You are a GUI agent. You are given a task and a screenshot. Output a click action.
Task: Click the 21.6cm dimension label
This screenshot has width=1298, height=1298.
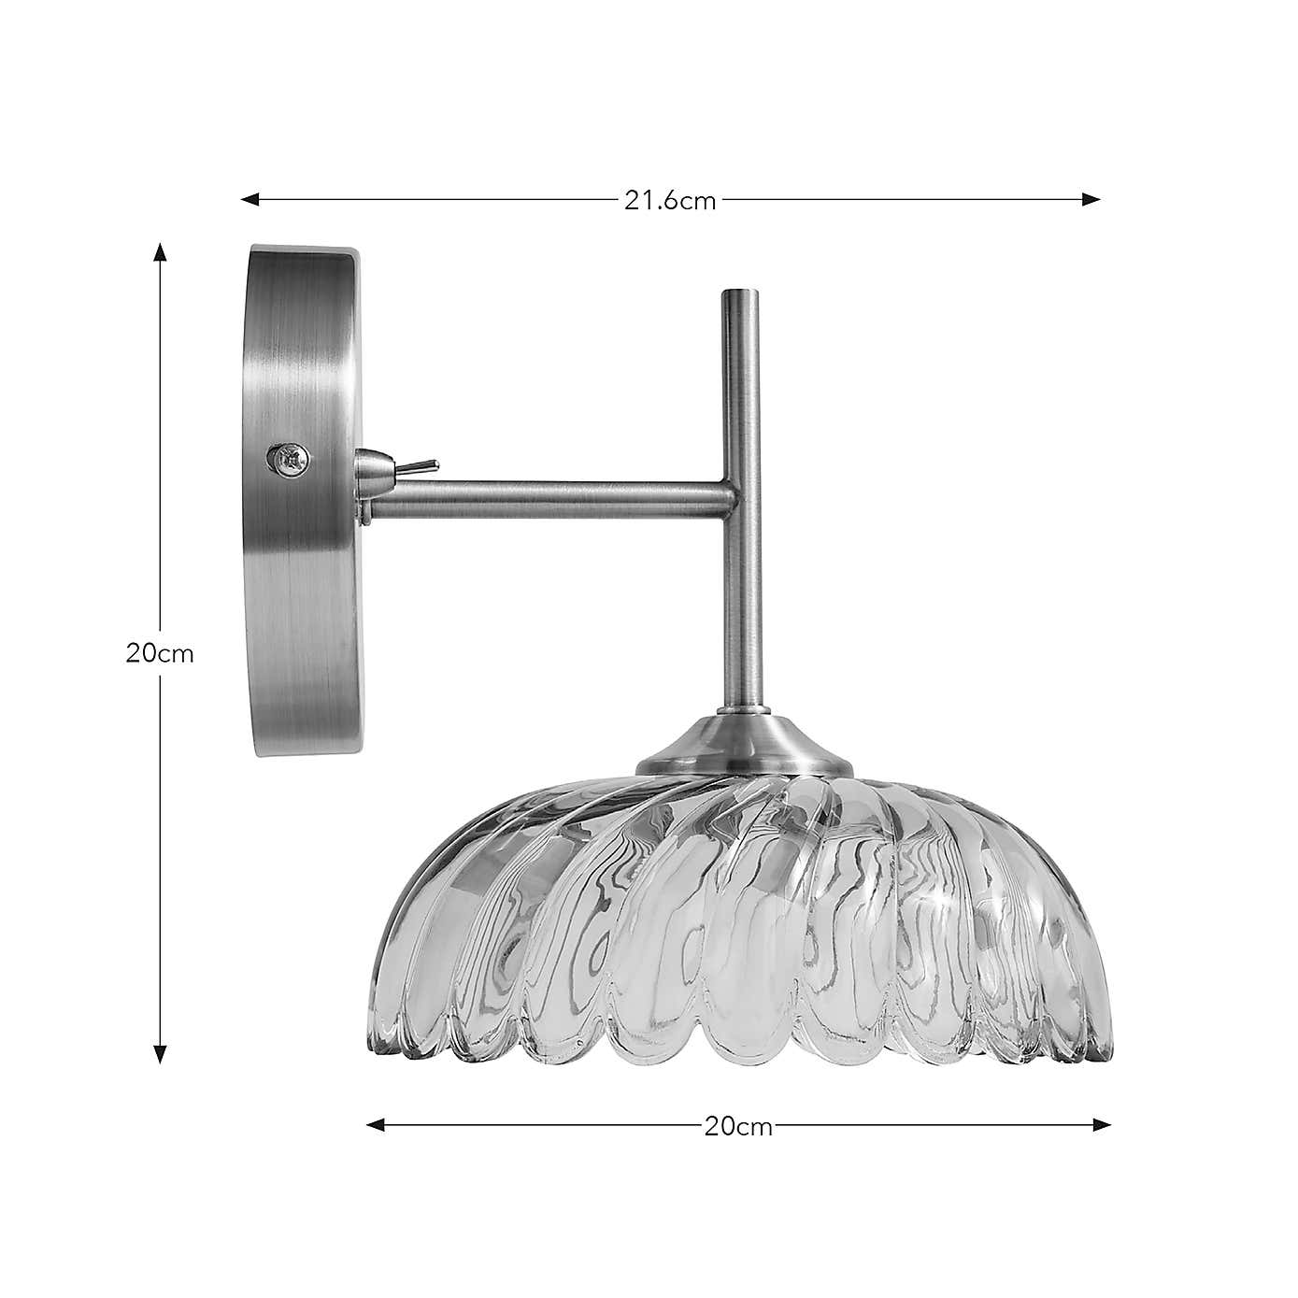(x=669, y=200)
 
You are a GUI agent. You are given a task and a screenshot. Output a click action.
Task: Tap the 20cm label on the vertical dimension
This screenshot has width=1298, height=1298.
(x=160, y=654)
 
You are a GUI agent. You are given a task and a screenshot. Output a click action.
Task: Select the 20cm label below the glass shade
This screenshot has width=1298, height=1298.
(x=738, y=1126)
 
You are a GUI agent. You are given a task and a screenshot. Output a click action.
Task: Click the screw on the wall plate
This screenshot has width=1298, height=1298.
(x=288, y=458)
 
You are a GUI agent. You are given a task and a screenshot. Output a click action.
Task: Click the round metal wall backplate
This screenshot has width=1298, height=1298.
(x=304, y=500)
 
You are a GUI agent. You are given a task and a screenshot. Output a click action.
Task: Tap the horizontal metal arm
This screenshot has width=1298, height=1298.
(x=551, y=497)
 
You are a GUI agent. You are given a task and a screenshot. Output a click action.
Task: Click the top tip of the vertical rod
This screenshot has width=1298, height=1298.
(x=741, y=292)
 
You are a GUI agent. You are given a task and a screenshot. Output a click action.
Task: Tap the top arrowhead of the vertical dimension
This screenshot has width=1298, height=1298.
(x=160, y=252)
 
